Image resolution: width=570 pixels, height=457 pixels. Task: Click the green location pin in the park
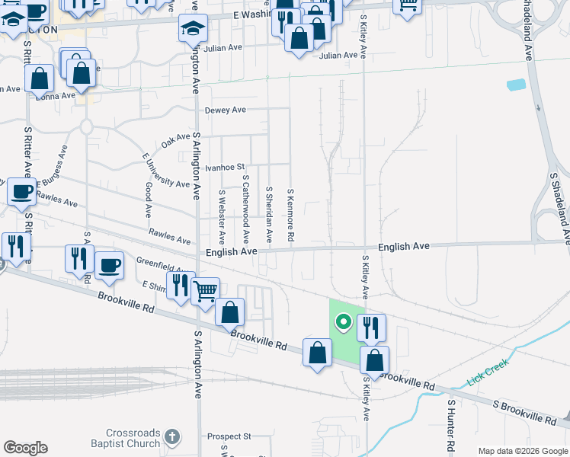point(343,322)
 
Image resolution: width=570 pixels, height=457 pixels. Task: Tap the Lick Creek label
point(488,372)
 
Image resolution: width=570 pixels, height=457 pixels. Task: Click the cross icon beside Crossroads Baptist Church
point(173,437)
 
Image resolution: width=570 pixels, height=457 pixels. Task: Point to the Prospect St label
point(229,436)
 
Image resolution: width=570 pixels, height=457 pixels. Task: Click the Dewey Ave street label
point(225,110)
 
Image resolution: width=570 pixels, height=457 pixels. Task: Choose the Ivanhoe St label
point(229,167)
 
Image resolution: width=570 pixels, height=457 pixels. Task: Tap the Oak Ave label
point(175,139)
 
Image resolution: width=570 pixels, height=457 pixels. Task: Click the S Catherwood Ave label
point(245,209)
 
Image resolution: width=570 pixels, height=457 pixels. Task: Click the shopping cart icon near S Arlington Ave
point(204,290)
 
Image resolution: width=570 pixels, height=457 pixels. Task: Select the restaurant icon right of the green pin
point(371,328)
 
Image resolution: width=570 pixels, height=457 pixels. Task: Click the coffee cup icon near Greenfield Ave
point(109,264)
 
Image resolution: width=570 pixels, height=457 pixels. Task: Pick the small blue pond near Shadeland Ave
point(516,85)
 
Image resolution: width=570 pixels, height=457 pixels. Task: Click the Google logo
point(25,448)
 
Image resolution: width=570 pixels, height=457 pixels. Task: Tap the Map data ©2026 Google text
point(523,451)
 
